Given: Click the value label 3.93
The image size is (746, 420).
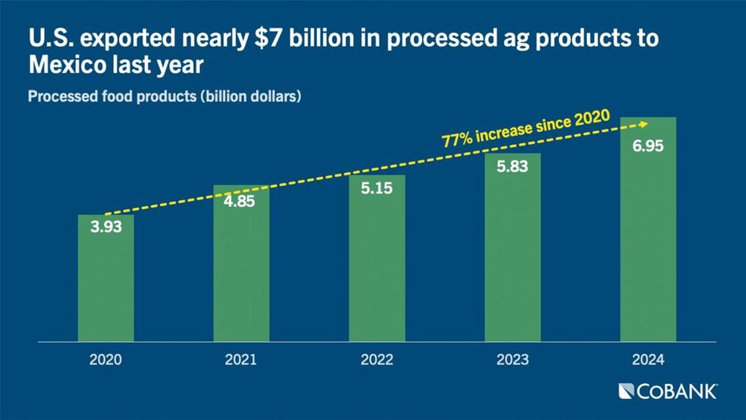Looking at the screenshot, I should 106,227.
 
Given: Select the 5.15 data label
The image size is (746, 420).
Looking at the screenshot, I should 377,188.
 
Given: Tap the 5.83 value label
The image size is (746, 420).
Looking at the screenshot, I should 512,167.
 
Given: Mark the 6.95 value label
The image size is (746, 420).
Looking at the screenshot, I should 648,147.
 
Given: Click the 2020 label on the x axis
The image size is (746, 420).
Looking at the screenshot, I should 106,360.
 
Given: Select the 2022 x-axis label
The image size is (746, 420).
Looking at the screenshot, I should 377,360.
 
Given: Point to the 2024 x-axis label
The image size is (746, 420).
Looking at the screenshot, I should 648,360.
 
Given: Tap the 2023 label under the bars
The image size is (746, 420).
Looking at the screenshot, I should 512,360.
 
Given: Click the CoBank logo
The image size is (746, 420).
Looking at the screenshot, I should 668,391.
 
